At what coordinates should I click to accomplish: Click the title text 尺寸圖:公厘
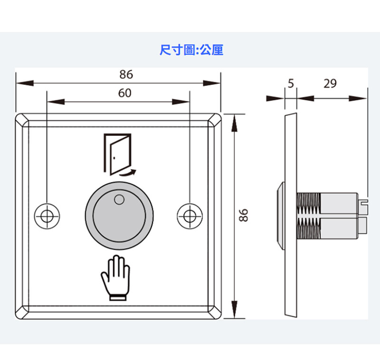[x=191, y=50]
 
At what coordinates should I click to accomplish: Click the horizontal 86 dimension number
[x=126, y=75]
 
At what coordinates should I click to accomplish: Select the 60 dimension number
[x=124, y=93]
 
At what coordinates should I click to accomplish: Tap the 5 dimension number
[x=291, y=84]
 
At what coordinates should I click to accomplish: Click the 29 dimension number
[x=330, y=84]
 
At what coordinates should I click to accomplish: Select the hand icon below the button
[x=114, y=277]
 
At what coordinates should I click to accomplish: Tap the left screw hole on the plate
[x=47, y=215]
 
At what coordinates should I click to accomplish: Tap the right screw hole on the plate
[x=190, y=215]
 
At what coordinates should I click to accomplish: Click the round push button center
[x=119, y=217]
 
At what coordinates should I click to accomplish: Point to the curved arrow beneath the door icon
[x=127, y=173]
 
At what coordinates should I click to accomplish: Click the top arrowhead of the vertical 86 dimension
[x=234, y=120]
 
